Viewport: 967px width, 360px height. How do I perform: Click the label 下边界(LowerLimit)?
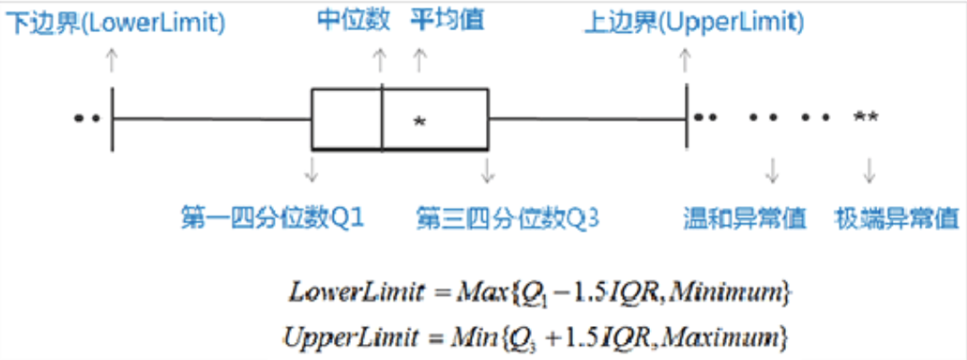(116, 21)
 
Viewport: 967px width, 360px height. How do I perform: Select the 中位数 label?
(355, 20)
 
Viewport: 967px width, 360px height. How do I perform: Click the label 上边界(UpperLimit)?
(693, 21)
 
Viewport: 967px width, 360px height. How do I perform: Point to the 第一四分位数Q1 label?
(272, 217)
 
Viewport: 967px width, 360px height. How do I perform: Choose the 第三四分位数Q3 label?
(508, 217)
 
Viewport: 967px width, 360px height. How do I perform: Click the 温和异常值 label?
(745, 217)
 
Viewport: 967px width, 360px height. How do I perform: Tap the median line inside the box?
(382, 118)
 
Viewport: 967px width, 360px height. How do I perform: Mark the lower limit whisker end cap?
(112, 118)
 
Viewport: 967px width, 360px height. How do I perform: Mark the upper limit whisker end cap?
(686, 118)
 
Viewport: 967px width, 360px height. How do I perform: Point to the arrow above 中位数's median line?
(380, 61)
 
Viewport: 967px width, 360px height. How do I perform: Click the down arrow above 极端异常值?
(869, 169)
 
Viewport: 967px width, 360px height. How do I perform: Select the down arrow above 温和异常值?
(772, 169)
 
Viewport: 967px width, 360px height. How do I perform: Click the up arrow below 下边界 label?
(111, 61)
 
